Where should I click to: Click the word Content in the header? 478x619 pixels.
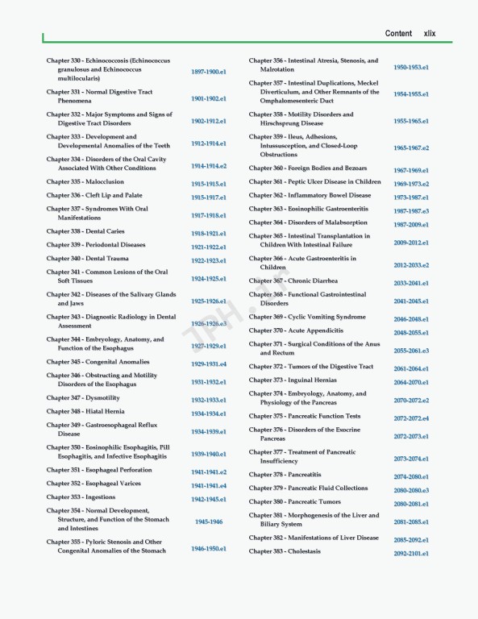click(398, 34)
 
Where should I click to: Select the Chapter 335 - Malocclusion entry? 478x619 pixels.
click(85, 182)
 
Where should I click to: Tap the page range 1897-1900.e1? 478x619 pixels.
click(208, 73)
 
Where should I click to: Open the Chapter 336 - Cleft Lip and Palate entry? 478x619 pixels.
click(94, 196)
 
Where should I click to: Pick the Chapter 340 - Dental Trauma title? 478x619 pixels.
click(87, 259)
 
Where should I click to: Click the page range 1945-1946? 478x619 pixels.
click(208, 521)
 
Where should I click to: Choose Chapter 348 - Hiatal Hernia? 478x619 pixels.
click(85, 412)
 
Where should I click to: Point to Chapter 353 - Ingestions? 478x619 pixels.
click(81, 497)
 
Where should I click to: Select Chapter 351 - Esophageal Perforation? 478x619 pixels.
click(99, 470)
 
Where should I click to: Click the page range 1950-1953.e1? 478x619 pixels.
click(411, 68)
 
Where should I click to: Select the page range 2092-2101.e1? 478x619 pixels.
click(411, 554)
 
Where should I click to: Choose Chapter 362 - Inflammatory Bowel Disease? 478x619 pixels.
click(310, 195)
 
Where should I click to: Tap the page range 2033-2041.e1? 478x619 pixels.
click(411, 284)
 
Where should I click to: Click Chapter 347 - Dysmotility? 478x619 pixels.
click(83, 398)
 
